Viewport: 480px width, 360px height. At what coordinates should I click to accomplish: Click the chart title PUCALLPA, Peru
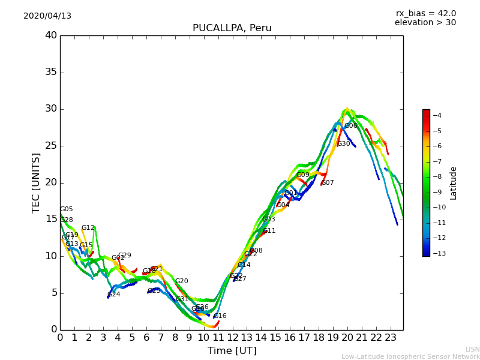[x=232, y=28]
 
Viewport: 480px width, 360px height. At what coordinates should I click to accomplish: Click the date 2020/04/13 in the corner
[x=47, y=16]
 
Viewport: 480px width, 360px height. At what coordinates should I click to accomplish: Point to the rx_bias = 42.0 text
[x=425, y=14]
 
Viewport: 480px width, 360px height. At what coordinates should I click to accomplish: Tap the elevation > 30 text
[x=425, y=23]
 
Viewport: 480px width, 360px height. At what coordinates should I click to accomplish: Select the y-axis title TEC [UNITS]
[x=36, y=182]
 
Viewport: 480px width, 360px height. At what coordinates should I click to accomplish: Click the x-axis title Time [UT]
[x=232, y=351]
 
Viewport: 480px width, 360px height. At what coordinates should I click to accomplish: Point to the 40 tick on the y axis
[x=51, y=35]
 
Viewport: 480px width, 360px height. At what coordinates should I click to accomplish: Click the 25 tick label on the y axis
[x=51, y=146]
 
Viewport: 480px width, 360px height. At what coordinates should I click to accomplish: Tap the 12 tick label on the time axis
[x=233, y=337]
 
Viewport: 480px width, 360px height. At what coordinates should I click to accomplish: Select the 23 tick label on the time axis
[x=391, y=337]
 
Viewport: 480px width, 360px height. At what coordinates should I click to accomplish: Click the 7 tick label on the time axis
[x=161, y=337]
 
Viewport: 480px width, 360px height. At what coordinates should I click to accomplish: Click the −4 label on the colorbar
[x=437, y=115]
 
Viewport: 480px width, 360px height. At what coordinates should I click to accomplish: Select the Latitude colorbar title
[x=454, y=182]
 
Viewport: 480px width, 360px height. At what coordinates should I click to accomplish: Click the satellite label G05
[x=66, y=209]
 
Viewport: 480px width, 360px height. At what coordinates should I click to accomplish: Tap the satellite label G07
[x=327, y=183]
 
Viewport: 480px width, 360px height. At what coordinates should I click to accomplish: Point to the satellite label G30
[x=343, y=144]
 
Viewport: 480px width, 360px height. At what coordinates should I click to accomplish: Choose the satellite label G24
[x=113, y=295]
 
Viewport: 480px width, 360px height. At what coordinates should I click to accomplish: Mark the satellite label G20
[x=181, y=281]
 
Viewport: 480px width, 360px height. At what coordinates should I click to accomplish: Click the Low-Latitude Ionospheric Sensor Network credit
[x=410, y=357]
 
